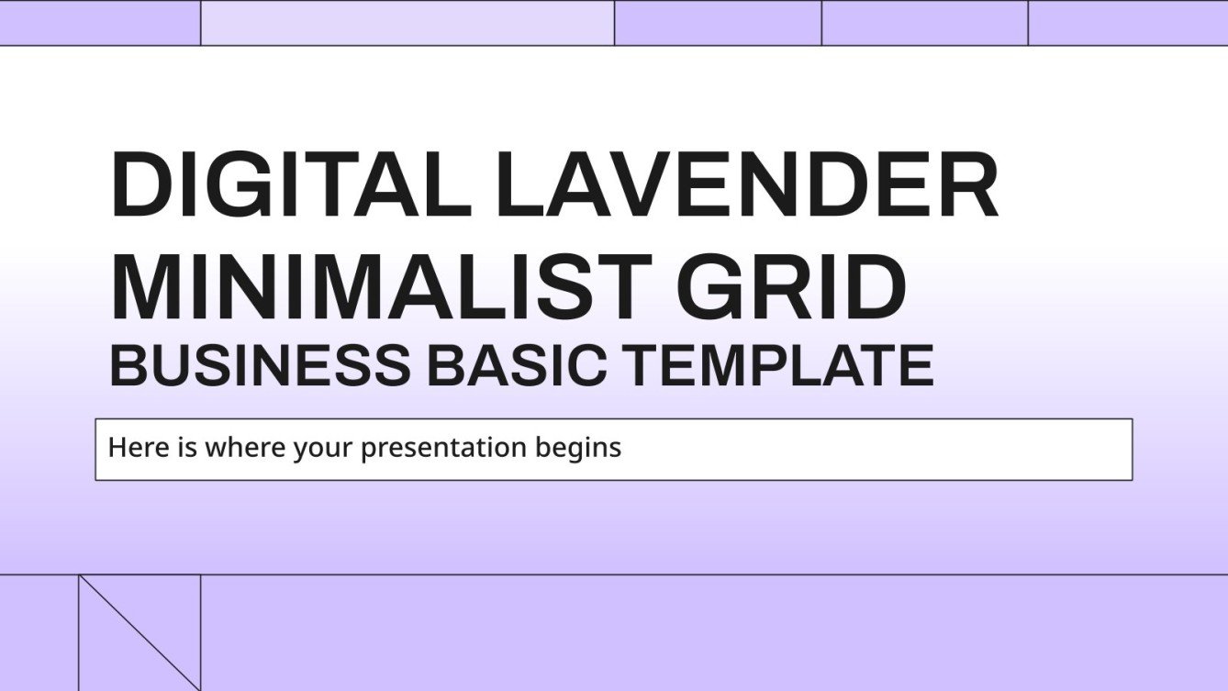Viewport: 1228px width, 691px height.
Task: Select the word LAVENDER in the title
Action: pyautogui.click(x=746, y=186)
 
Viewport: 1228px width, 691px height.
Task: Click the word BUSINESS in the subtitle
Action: pyautogui.click(x=260, y=364)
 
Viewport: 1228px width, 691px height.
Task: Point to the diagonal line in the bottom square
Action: pyautogui.click(x=140, y=632)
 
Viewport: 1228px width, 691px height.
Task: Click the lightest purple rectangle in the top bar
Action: pyautogui.click(x=407, y=23)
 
